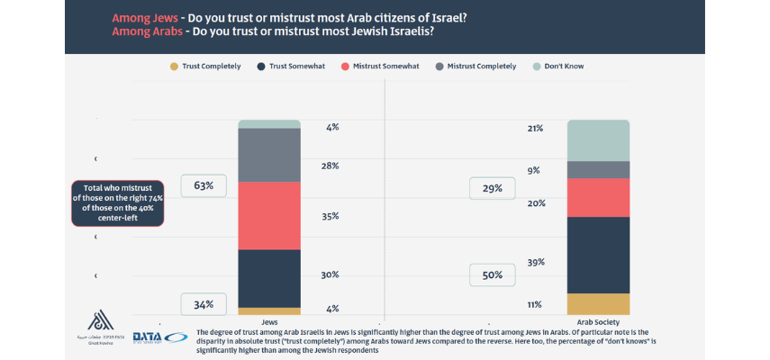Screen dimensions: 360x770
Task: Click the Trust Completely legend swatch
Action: point(173,66)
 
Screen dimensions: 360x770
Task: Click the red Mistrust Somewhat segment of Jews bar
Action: point(269,216)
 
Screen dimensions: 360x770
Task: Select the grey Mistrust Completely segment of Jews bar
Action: point(269,155)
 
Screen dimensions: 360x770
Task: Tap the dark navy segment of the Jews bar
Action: point(269,278)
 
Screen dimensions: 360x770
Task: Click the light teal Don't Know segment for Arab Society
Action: point(598,140)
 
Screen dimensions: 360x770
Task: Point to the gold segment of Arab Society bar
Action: point(598,304)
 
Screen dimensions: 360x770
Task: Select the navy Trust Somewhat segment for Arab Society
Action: point(598,255)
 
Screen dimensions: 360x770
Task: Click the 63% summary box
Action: point(203,186)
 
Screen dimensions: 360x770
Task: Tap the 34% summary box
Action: point(203,304)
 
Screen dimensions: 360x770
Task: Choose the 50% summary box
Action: point(492,275)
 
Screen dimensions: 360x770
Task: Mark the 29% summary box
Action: point(492,188)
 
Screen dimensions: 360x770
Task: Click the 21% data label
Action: point(535,129)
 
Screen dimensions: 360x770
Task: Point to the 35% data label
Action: point(330,216)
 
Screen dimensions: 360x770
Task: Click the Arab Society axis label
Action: point(598,321)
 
